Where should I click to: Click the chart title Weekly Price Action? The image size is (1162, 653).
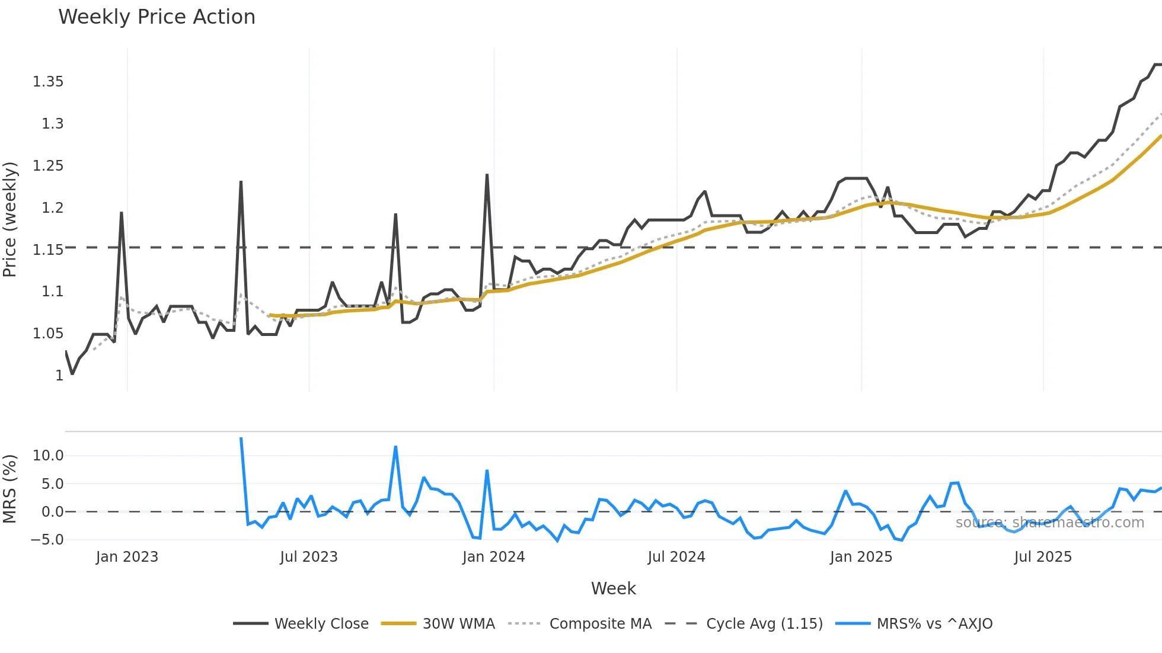(x=157, y=17)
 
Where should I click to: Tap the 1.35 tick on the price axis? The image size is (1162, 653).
(x=48, y=82)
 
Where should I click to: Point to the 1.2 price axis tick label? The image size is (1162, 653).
(x=52, y=208)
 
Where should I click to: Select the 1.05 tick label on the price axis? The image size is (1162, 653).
(x=48, y=334)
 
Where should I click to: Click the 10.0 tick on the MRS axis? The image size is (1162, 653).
(x=48, y=456)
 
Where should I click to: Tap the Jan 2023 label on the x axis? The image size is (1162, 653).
(x=127, y=557)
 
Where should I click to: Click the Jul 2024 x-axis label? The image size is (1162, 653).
(x=676, y=557)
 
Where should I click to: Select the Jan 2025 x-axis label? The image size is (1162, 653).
(x=861, y=557)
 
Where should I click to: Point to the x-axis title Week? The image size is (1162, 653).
(x=613, y=588)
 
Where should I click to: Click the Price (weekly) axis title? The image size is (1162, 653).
(x=9, y=219)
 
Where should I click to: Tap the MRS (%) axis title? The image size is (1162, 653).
(x=9, y=489)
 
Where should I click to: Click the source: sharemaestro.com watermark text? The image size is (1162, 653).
(x=1050, y=523)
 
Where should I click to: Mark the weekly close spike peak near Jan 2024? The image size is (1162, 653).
(x=487, y=175)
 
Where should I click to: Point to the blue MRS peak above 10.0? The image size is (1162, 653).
(x=395, y=447)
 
